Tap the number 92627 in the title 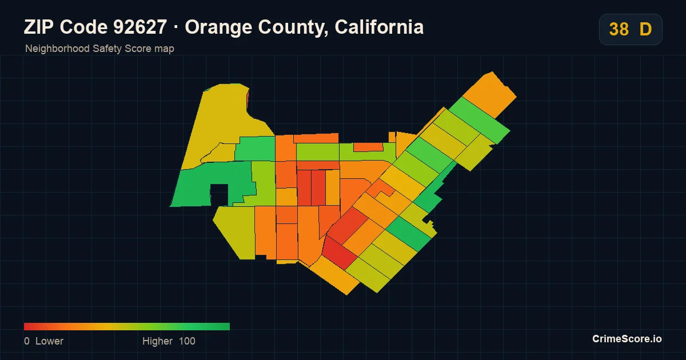(x=140, y=27)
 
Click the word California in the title (x=379, y=27)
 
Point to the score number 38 (x=619, y=29)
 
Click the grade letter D (x=645, y=29)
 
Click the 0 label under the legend (x=27, y=341)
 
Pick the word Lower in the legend (x=49, y=341)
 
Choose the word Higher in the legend (x=157, y=341)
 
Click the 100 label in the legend (x=187, y=341)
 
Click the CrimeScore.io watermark (x=627, y=339)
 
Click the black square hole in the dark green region (x=220, y=195)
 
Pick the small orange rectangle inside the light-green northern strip (x=368, y=147)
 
